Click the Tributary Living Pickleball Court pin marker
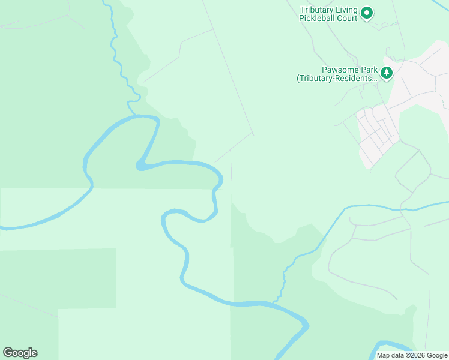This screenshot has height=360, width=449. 366,12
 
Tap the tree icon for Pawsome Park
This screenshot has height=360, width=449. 387,73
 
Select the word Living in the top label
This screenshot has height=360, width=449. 347,10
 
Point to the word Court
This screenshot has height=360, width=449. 348,19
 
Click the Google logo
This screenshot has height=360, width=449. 20,353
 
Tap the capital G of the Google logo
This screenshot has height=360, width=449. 8,353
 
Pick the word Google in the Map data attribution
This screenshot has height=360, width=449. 436,355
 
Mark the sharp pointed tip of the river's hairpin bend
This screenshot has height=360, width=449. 139,165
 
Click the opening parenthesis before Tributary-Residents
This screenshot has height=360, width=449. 298,78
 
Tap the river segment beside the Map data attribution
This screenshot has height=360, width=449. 390,346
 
